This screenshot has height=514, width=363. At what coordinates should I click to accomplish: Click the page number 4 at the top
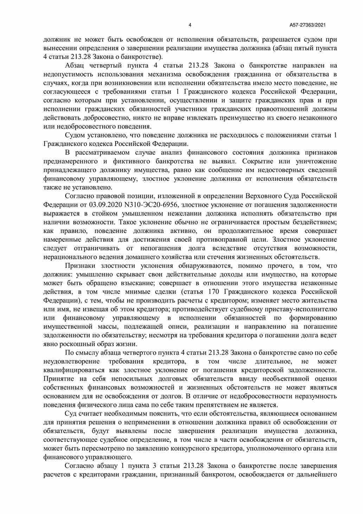[x=190, y=25]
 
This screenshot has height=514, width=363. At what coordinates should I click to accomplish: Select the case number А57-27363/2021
[x=308, y=25]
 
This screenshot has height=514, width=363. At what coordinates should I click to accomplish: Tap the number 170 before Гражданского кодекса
[x=214, y=292]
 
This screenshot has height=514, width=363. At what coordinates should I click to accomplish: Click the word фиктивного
[x=129, y=161]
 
